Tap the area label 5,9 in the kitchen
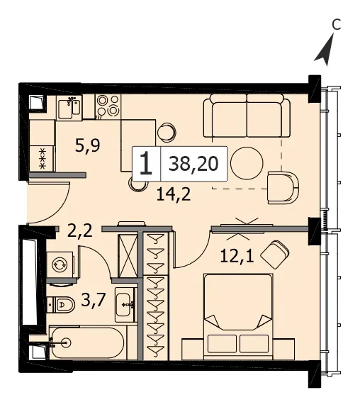[x=87, y=145]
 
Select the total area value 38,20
[x=193, y=164]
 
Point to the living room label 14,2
[x=174, y=194]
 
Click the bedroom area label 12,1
[x=237, y=256]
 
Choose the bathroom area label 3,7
[x=93, y=299]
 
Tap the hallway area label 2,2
[x=79, y=230]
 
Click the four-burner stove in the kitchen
[x=108, y=106]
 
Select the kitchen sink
[x=69, y=108]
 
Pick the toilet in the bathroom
[x=61, y=304]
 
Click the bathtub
[x=87, y=342]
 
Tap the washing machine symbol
[x=60, y=264]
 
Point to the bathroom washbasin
[x=125, y=305]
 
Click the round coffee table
[x=247, y=163]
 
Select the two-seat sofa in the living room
[x=247, y=116]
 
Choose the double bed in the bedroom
[x=238, y=317]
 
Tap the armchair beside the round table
[x=283, y=187]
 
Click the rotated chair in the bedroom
[x=275, y=255]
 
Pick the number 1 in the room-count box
[x=145, y=164]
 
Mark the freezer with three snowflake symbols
[x=42, y=159]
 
